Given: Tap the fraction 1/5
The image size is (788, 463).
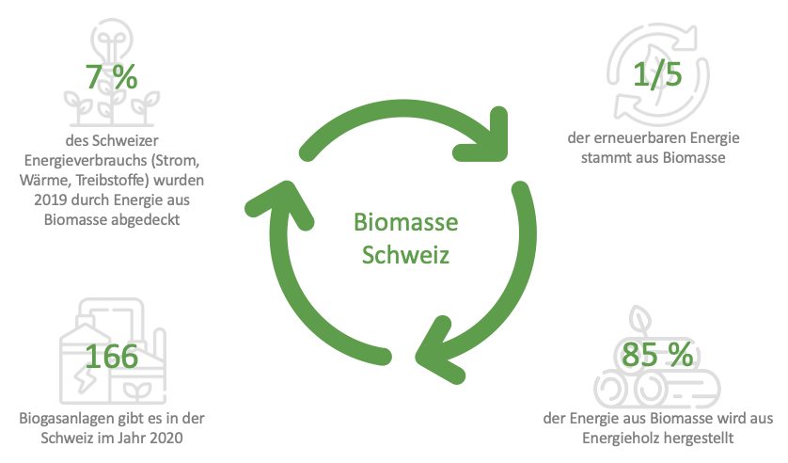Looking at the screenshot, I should [x=655, y=74].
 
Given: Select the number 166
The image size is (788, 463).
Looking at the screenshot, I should [x=111, y=358].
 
